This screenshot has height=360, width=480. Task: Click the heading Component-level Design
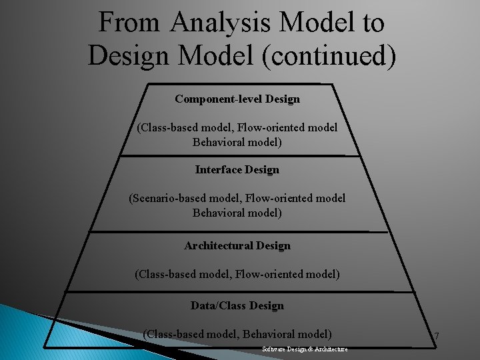pyautogui.click(x=237, y=99)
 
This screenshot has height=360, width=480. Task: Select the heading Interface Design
pyautogui.click(x=237, y=170)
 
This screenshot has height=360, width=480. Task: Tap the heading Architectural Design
pyautogui.click(x=237, y=246)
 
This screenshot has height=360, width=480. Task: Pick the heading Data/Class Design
pyautogui.click(x=237, y=306)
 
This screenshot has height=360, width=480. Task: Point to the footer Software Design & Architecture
pyautogui.click(x=305, y=349)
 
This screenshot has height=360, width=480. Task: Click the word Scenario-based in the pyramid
pyautogui.click(x=173, y=198)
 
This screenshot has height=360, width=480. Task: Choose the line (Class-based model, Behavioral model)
pyautogui.click(x=237, y=334)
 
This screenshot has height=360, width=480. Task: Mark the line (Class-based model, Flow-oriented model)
pyautogui.click(x=237, y=274)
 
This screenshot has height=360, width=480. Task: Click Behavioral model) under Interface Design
pyautogui.click(x=237, y=213)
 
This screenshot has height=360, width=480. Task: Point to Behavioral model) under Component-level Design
pyautogui.click(x=237, y=142)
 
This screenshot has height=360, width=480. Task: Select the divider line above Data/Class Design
pyautogui.click(x=237, y=291)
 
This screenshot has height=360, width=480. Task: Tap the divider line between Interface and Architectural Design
pyautogui.click(x=237, y=232)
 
